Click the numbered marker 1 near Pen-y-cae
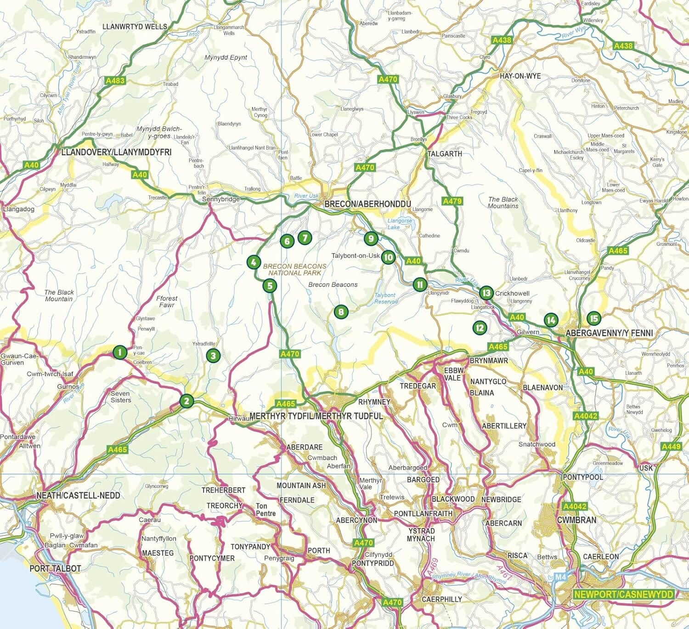(119, 352)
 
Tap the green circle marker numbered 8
(340, 312)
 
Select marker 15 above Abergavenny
(593, 318)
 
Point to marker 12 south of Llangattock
(480, 327)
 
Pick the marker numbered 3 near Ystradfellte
(213, 355)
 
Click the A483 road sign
(115, 81)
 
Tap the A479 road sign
(452, 201)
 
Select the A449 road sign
(671, 446)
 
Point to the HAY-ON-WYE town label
(520, 76)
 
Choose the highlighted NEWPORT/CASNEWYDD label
(623, 594)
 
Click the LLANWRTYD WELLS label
(135, 27)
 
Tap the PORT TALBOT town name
(55, 568)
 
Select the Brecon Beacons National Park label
(294, 269)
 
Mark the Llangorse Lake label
(400, 224)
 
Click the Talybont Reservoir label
(384, 298)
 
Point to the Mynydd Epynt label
(226, 57)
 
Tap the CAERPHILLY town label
(442, 599)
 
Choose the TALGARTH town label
(444, 153)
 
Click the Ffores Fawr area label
(167, 301)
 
